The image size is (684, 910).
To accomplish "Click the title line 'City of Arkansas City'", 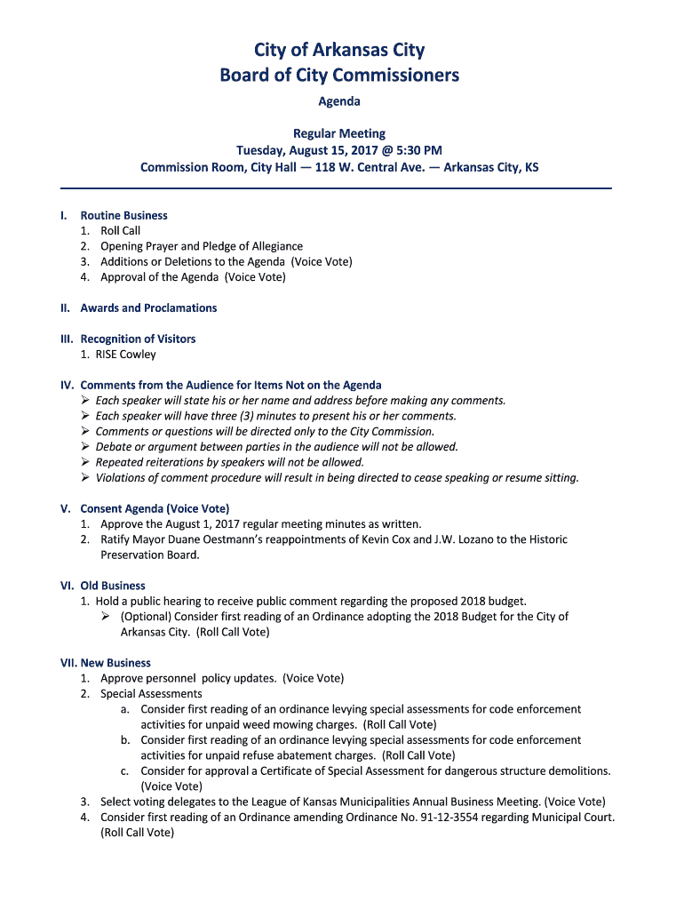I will (339, 50).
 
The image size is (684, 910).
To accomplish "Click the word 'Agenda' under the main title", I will (339, 101).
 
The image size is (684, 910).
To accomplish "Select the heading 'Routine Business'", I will (123, 215).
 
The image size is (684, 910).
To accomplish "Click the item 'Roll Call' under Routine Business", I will (120, 231).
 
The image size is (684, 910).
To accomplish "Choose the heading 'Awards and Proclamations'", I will (148, 308).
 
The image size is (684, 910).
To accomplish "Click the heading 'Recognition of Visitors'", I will (138, 339).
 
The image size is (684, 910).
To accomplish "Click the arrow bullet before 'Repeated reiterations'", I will (85, 462).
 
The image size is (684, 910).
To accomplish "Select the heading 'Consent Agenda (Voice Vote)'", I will (155, 508).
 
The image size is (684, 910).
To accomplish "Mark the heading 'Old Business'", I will (113, 586).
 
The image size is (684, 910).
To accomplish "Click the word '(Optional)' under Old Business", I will (146, 617).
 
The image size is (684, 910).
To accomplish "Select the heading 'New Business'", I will (115, 663).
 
